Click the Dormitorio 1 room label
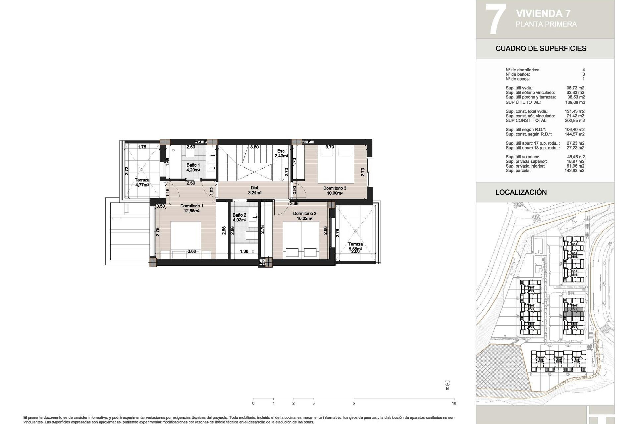[192, 206]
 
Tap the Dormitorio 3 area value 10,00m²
[335, 193]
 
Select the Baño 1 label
[193, 165]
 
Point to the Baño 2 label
[239, 215]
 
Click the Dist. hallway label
[255, 187]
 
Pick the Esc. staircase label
[281, 151]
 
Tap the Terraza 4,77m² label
[142, 180]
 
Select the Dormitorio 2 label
[304, 213]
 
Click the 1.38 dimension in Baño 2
[244, 251]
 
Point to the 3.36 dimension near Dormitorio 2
[294, 203]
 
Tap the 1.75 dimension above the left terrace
[142, 147]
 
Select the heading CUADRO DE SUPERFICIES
[541, 48]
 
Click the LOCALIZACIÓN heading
[521, 192]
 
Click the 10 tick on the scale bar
[454, 403]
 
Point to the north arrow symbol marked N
[447, 383]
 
